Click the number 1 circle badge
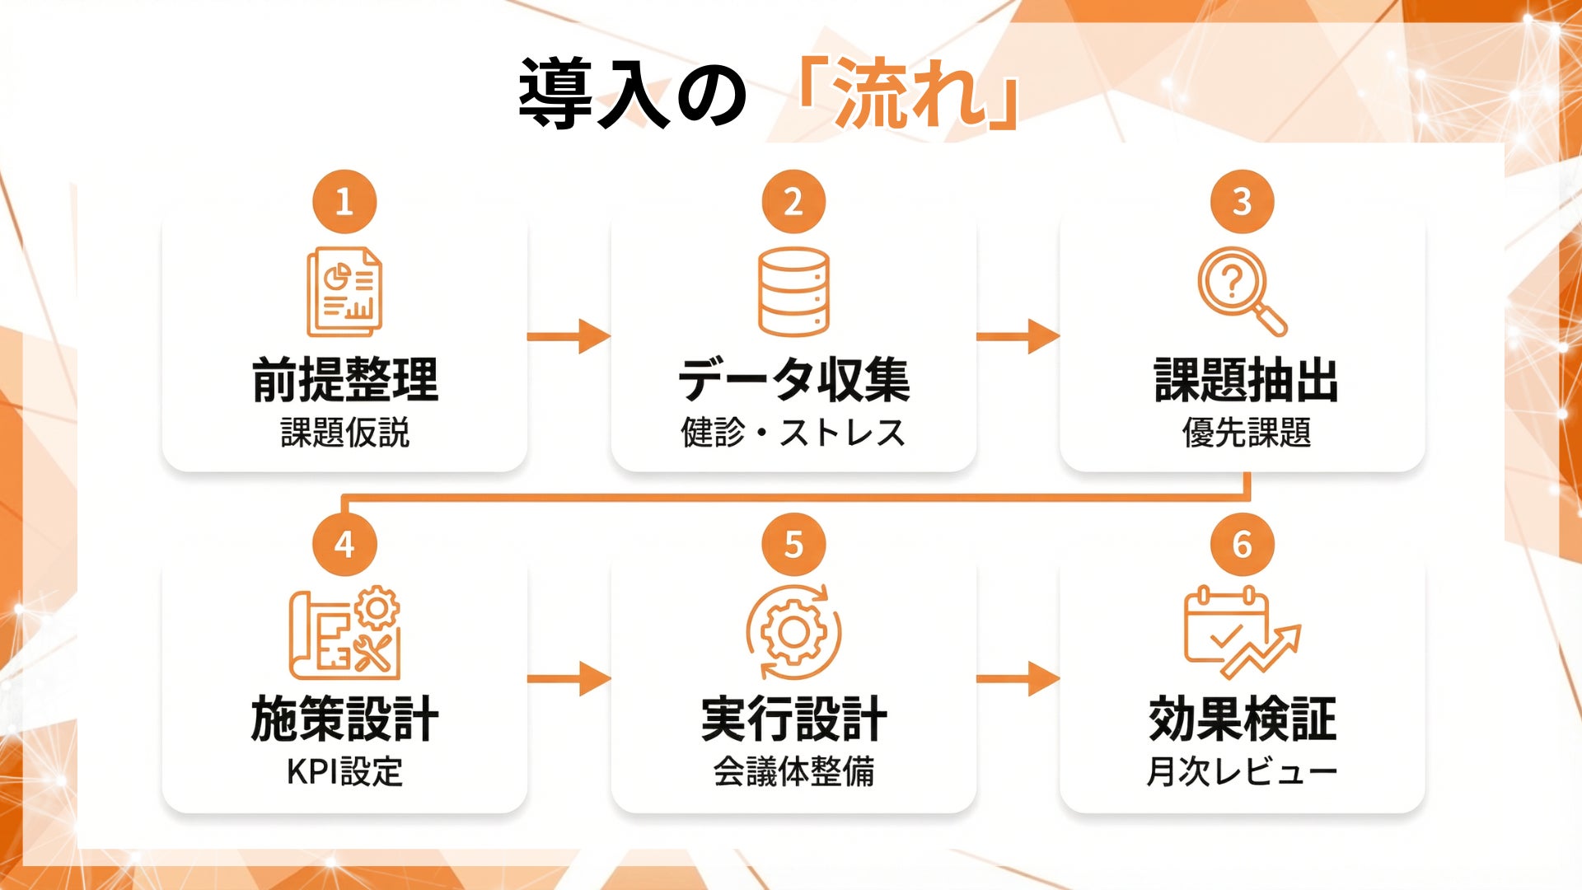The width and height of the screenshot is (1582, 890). [344, 202]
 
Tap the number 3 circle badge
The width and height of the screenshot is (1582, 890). [1242, 202]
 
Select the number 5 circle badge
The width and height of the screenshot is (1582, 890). [793, 544]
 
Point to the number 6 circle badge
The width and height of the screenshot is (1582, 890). [1242, 544]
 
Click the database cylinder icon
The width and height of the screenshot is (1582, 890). [793, 292]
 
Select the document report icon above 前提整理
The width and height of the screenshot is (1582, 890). [344, 292]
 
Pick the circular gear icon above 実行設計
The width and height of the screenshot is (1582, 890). [793, 632]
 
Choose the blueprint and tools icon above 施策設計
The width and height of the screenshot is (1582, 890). [344, 632]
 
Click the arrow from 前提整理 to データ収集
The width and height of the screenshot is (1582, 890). [569, 336]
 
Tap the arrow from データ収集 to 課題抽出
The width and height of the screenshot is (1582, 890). [1018, 336]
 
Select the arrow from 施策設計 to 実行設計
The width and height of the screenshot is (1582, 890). [569, 678]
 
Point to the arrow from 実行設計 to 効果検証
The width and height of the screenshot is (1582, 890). [1018, 678]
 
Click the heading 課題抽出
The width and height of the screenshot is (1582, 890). [1246, 381]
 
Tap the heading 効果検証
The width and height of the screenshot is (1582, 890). [1242, 719]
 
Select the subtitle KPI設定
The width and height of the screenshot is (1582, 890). [344, 772]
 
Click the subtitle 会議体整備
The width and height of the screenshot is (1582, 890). [793, 772]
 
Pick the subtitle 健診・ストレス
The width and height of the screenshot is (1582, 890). [793, 433]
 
